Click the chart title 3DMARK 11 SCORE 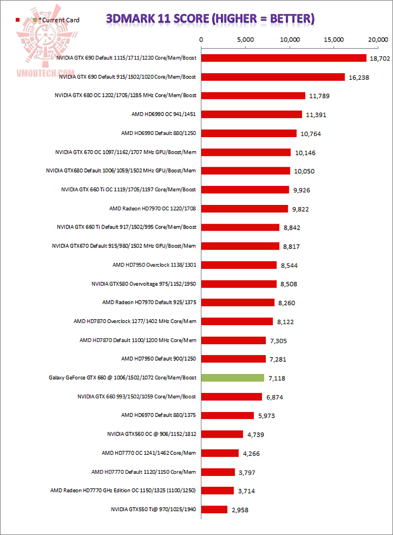(x=210, y=19)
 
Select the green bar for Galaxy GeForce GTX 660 (x=233, y=378)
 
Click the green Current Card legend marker (x=35, y=20)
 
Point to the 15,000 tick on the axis (x=334, y=40)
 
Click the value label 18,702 (x=380, y=58)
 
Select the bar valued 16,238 (x=273, y=77)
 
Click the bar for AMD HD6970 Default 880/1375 (x=228, y=415)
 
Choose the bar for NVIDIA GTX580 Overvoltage (x=239, y=284)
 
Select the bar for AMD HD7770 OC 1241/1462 (x=220, y=453)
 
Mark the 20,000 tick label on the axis (x=378, y=40)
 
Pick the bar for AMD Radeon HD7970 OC (x=245, y=208)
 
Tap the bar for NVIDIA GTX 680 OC (x=253, y=96)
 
